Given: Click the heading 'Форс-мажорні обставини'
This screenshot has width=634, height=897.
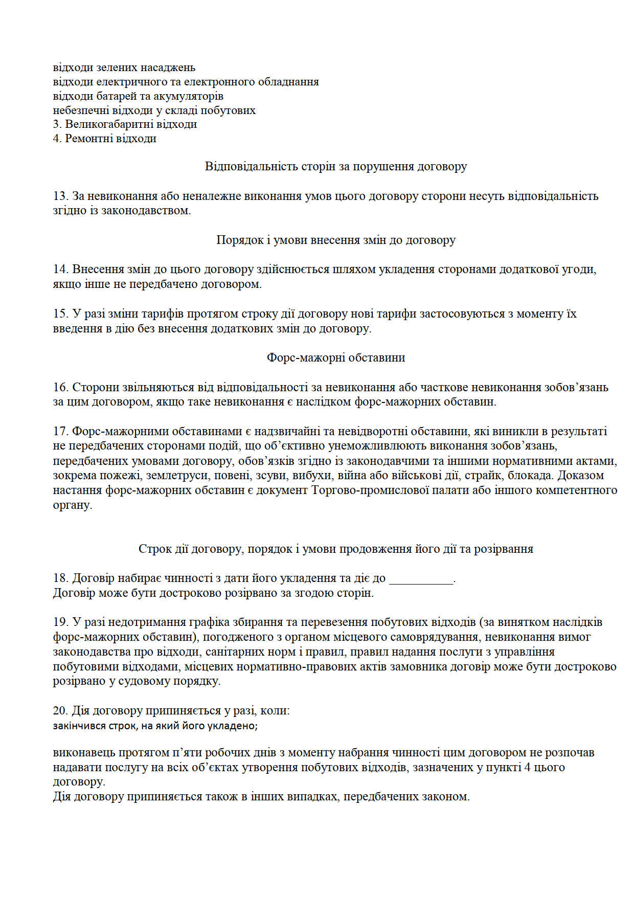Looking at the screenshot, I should [x=335, y=357].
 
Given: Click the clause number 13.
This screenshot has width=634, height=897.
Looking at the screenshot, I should [x=60, y=196].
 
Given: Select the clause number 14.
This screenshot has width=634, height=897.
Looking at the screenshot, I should [x=60, y=269].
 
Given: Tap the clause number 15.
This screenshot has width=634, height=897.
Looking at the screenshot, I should [x=60, y=313].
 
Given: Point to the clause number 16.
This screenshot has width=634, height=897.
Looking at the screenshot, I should [x=60, y=387].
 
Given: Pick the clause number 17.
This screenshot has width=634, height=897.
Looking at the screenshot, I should [x=60, y=431].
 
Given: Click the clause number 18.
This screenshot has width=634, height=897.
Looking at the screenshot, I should [x=60, y=578].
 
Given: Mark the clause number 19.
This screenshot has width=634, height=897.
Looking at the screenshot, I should [x=60, y=622].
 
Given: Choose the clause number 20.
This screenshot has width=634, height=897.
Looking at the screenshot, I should [x=60, y=710].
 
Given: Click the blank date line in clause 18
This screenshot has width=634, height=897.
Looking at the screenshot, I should [x=421, y=579].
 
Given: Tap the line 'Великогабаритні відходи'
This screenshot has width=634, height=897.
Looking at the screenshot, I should [x=130, y=124].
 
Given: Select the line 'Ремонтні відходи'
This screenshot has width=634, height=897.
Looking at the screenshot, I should [x=110, y=139].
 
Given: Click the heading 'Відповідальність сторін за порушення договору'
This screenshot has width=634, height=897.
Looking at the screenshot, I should [x=335, y=166].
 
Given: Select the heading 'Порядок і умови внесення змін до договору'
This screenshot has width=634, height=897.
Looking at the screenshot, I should [x=335, y=240].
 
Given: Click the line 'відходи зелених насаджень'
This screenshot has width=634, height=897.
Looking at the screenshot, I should [x=124, y=68].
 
